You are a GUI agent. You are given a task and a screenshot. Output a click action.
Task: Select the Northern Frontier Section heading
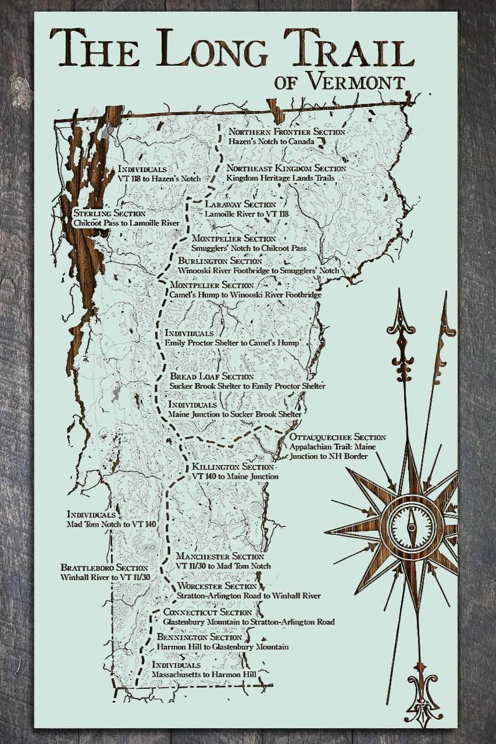286,132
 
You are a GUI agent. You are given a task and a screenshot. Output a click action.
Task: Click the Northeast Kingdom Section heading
286,168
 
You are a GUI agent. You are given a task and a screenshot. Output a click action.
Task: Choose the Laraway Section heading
240,205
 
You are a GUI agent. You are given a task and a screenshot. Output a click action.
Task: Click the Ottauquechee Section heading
337,437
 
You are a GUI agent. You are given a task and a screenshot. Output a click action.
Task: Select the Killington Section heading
233,467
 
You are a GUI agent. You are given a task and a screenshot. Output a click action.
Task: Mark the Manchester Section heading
220,556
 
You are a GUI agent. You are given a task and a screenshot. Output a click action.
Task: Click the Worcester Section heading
216,586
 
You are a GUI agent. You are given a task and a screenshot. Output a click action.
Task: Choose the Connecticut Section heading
208,612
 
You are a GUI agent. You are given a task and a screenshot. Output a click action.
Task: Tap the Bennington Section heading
199,638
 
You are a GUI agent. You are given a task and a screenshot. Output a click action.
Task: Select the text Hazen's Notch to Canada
271,141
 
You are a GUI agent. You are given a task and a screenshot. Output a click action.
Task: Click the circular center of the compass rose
412,526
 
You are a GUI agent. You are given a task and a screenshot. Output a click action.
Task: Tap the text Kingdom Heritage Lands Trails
280,178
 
